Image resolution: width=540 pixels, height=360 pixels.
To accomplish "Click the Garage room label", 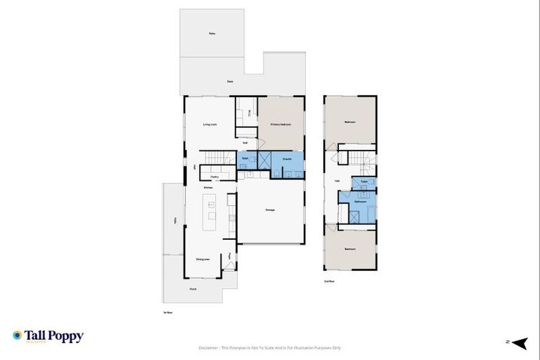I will pyautogui.click(x=270, y=210).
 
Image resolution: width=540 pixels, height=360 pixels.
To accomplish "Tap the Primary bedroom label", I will pyautogui.click(x=281, y=124).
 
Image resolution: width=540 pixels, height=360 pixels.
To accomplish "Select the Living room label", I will pyautogui.click(x=210, y=124).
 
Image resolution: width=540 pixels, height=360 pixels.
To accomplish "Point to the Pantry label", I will pyautogui.click(x=214, y=176).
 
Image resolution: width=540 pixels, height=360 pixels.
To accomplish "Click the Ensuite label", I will pyautogui.click(x=287, y=160).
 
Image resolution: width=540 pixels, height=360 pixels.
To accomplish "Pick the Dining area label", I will pyautogui.click(x=203, y=259).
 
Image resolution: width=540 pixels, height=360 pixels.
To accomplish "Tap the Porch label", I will pyautogui.click(x=193, y=289).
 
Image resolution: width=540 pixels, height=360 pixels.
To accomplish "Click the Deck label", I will pyautogui.click(x=230, y=82).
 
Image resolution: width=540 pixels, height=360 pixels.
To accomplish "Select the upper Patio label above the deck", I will pyautogui.click(x=211, y=33).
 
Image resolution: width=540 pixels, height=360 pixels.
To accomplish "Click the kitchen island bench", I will pyautogui.click(x=210, y=212).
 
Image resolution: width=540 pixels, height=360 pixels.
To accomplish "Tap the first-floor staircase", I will pyautogui.click(x=219, y=157).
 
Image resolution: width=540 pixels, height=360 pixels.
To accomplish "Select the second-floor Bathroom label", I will pyautogui.click(x=361, y=202).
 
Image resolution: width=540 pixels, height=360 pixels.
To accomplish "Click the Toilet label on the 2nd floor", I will pyautogui.click(x=364, y=182).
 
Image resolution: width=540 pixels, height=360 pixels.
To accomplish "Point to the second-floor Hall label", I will pyautogui.click(x=337, y=181).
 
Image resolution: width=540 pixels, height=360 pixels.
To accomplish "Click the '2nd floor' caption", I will pyautogui.click(x=328, y=281).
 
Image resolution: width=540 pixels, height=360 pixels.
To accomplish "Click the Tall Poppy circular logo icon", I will pyautogui.click(x=18, y=336).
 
